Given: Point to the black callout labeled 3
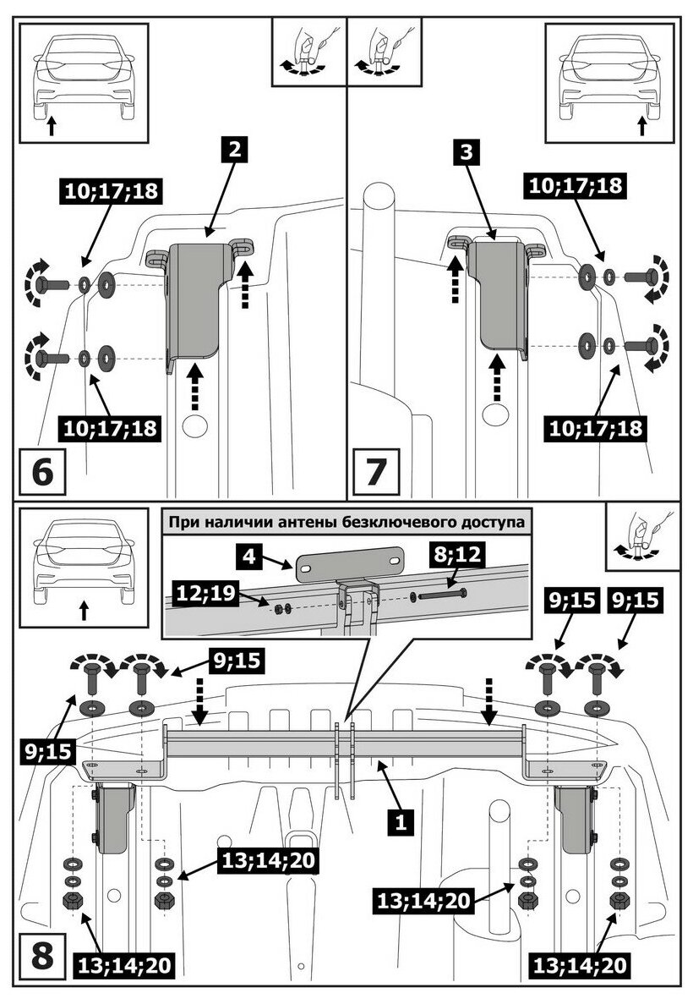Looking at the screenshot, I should [466, 152].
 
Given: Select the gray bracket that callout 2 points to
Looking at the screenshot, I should [196, 304].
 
